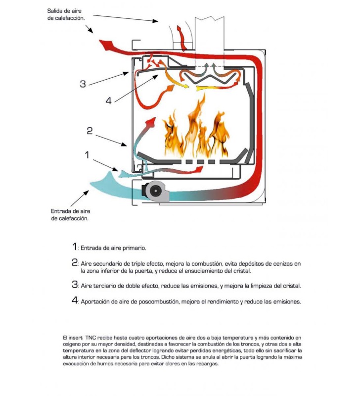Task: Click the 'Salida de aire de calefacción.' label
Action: (66, 14)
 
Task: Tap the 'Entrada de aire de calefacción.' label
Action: (70, 215)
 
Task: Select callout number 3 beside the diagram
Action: (83, 84)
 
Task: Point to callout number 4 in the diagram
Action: (108, 101)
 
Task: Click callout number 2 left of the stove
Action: (90, 131)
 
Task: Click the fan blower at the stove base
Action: (155, 192)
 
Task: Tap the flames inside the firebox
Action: (195, 129)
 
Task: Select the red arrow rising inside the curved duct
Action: (181, 38)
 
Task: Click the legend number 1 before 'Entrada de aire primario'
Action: (74, 247)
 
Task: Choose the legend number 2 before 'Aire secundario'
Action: (75, 262)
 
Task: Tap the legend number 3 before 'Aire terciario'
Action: (75, 284)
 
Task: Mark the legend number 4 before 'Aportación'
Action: (75, 300)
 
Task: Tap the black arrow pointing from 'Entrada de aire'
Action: (80, 198)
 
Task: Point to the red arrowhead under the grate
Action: (199, 169)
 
